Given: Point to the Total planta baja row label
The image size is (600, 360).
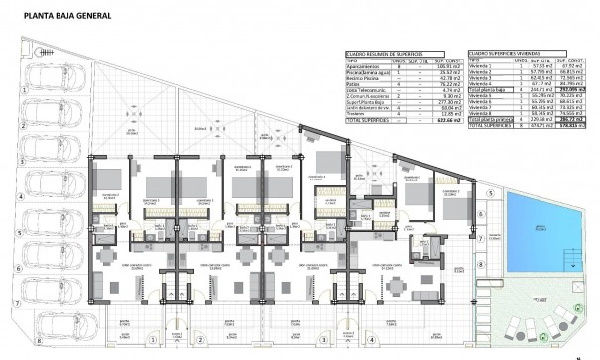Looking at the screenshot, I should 493,88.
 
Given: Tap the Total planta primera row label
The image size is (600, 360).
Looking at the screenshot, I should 495,120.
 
